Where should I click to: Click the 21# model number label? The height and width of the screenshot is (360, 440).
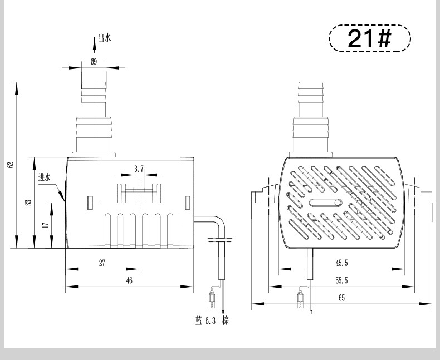pos(369,38)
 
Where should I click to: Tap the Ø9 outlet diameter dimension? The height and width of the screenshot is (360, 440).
pos(94,62)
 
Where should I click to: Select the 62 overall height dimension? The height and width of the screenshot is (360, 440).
pos(12,165)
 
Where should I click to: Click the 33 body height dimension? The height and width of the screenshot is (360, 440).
pos(28,203)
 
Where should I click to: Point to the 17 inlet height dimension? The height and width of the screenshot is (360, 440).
pos(46,225)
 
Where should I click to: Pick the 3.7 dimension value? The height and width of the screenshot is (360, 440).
pos(139,169)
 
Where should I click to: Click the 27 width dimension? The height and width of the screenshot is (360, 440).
pos(102,263)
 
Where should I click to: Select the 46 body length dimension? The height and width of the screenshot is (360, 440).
pos(129,280)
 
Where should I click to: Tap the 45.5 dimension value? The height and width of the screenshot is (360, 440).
pos(341,263)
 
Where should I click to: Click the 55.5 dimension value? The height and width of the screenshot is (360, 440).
pos(341,280)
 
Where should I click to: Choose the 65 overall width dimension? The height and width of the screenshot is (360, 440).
pos(341,298)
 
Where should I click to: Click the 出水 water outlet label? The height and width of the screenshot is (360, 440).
pos(104,38)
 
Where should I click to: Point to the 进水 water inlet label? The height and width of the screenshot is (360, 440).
pos(45,177)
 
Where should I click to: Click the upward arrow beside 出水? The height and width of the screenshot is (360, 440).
pos(95,45)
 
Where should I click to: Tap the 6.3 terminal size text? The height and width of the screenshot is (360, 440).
pos(211,320)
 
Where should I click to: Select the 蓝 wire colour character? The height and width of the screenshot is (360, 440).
pos(199,320)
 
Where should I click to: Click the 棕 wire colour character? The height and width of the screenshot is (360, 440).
pos(226,320)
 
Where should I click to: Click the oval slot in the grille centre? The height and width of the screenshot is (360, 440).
pos(326,203)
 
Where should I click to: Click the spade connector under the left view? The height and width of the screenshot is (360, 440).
pos(213,298)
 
